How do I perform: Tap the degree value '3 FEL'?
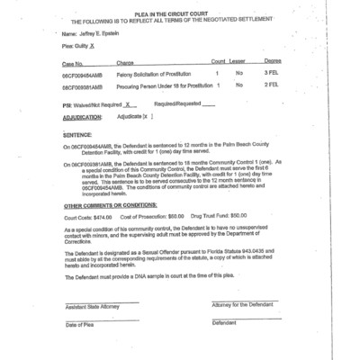coord(271,73)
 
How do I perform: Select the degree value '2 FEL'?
coord(271,86)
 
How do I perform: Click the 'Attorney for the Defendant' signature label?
coord(242,307)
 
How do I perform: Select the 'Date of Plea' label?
coord(78,324)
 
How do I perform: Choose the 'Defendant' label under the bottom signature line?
coord(224,324)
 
